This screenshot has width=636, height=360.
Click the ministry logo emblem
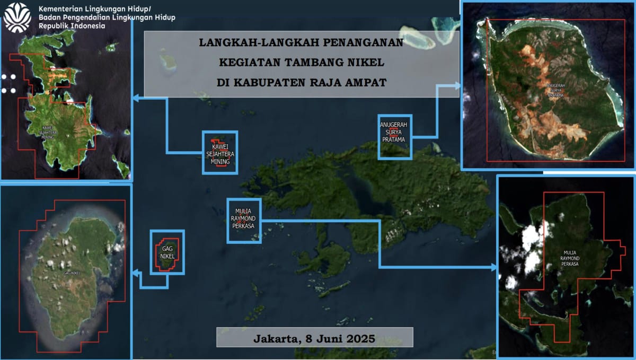17,17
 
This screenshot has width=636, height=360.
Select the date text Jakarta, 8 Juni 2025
314,338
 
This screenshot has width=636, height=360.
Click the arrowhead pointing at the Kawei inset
136,98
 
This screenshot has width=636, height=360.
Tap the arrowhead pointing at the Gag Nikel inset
136,274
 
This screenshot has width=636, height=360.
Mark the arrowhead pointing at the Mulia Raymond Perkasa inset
494,267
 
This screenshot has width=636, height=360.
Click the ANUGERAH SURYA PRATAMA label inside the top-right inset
555,90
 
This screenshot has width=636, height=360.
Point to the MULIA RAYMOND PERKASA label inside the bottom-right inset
570,258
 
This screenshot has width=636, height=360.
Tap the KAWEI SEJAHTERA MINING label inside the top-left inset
47,133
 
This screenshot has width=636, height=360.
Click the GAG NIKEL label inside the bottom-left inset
72,273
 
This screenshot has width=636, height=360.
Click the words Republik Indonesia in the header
72,26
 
